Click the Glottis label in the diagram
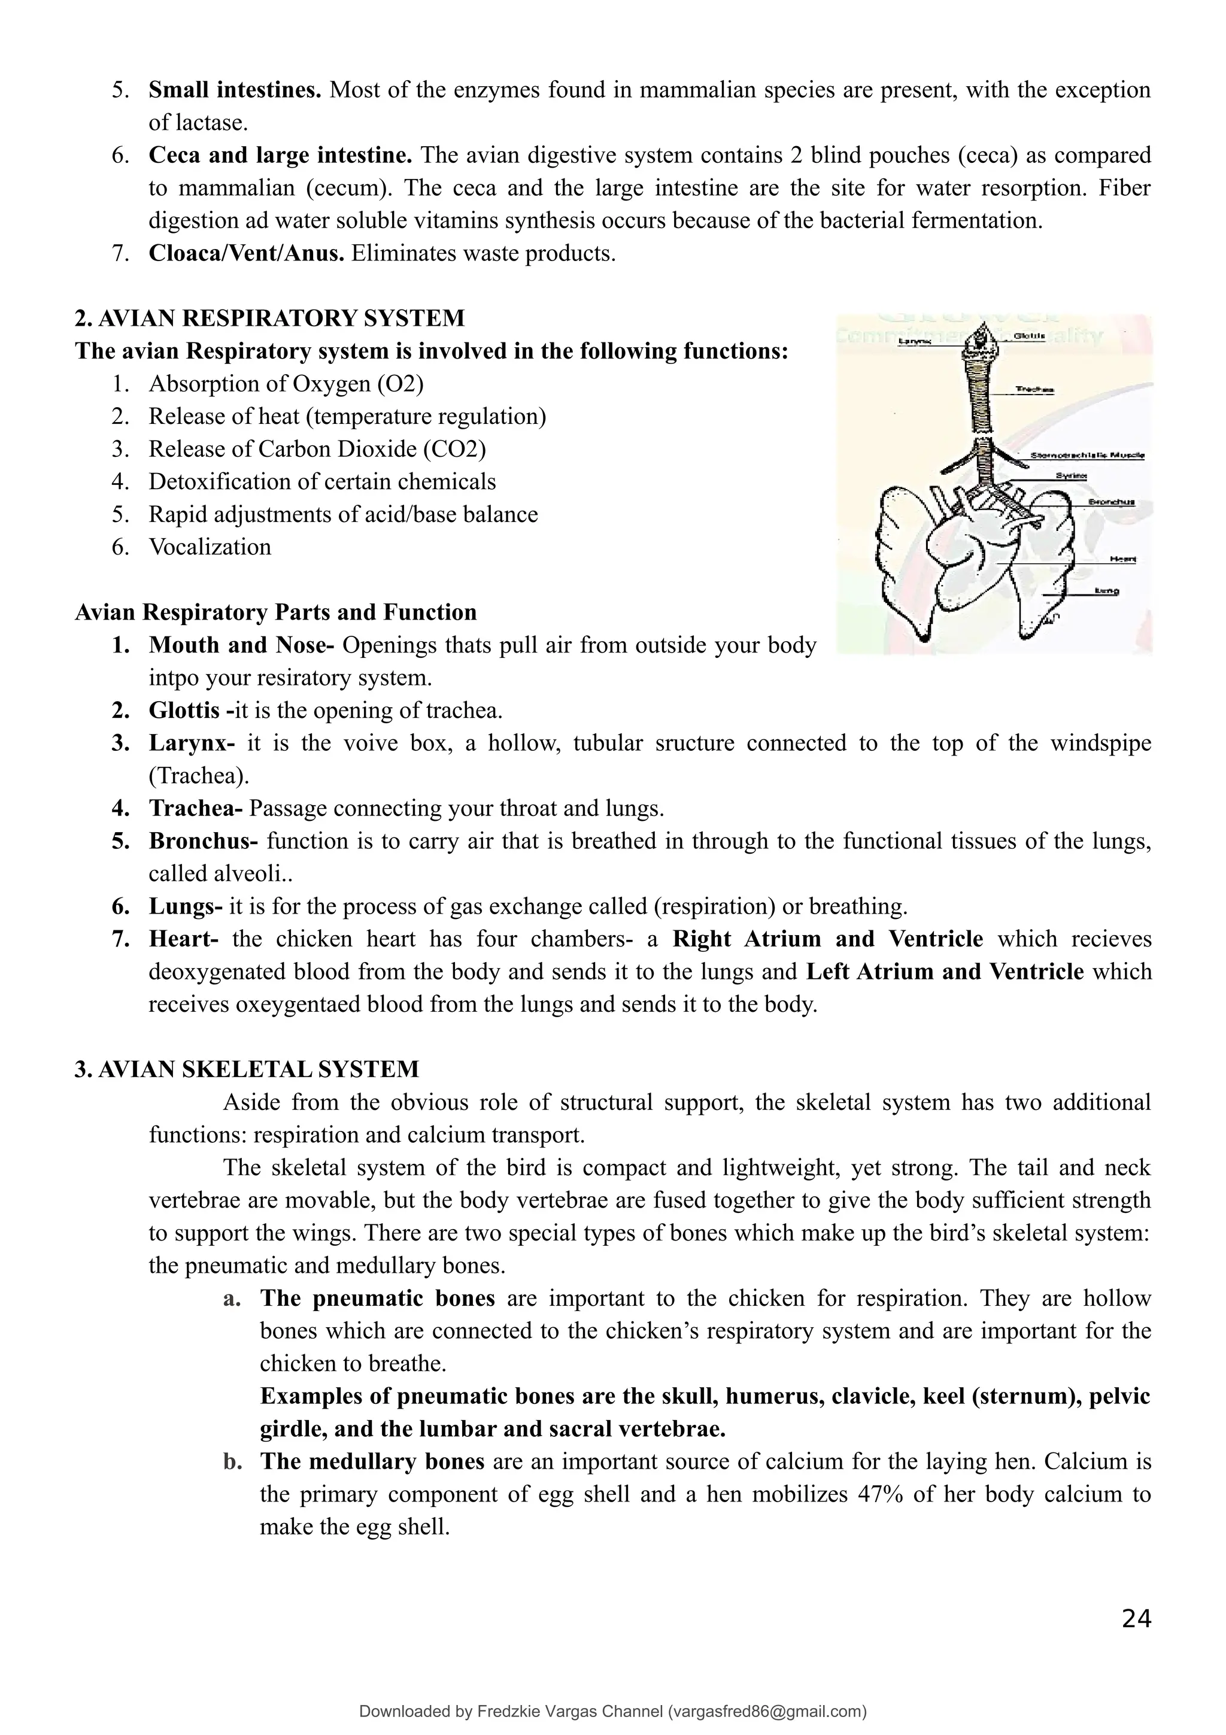point(1029,335)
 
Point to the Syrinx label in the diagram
point(1071,475)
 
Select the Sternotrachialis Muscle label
point(1087,455)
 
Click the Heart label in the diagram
point(1122,559)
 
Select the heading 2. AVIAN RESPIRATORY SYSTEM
point(269,318)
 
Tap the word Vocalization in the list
point(210,547)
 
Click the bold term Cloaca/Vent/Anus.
point(246,253)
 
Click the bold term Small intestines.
point(235,90)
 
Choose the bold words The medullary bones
point(372,1461)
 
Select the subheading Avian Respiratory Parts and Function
point(276,611)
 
